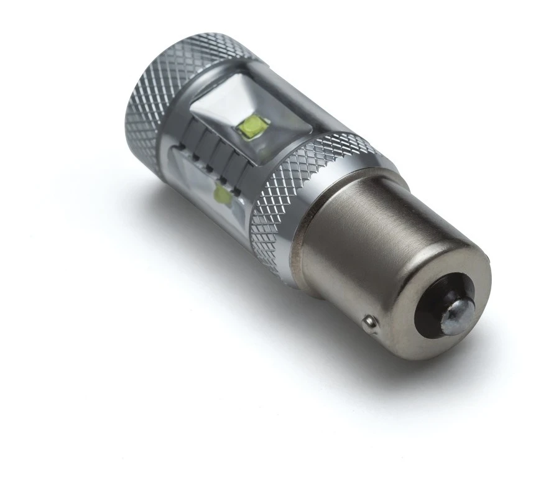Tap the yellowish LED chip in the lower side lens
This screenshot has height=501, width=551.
221,195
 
